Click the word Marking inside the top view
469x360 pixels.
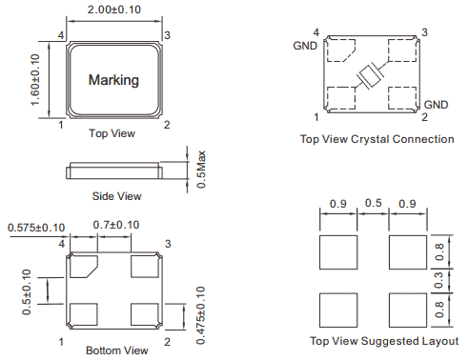pos(113,80)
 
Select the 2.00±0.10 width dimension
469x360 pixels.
pos(114,10)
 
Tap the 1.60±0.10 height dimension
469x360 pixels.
pos(35,80)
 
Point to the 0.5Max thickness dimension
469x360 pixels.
pos(201,170)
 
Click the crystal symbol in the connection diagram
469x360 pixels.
pos(371,76)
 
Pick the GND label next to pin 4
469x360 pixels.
pos(305,46)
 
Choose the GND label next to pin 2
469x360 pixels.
pos(436,105)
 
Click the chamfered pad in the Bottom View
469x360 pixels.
pos(83,267)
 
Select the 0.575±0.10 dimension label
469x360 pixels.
pos(36,228)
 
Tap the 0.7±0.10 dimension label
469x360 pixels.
pos(116,225)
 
